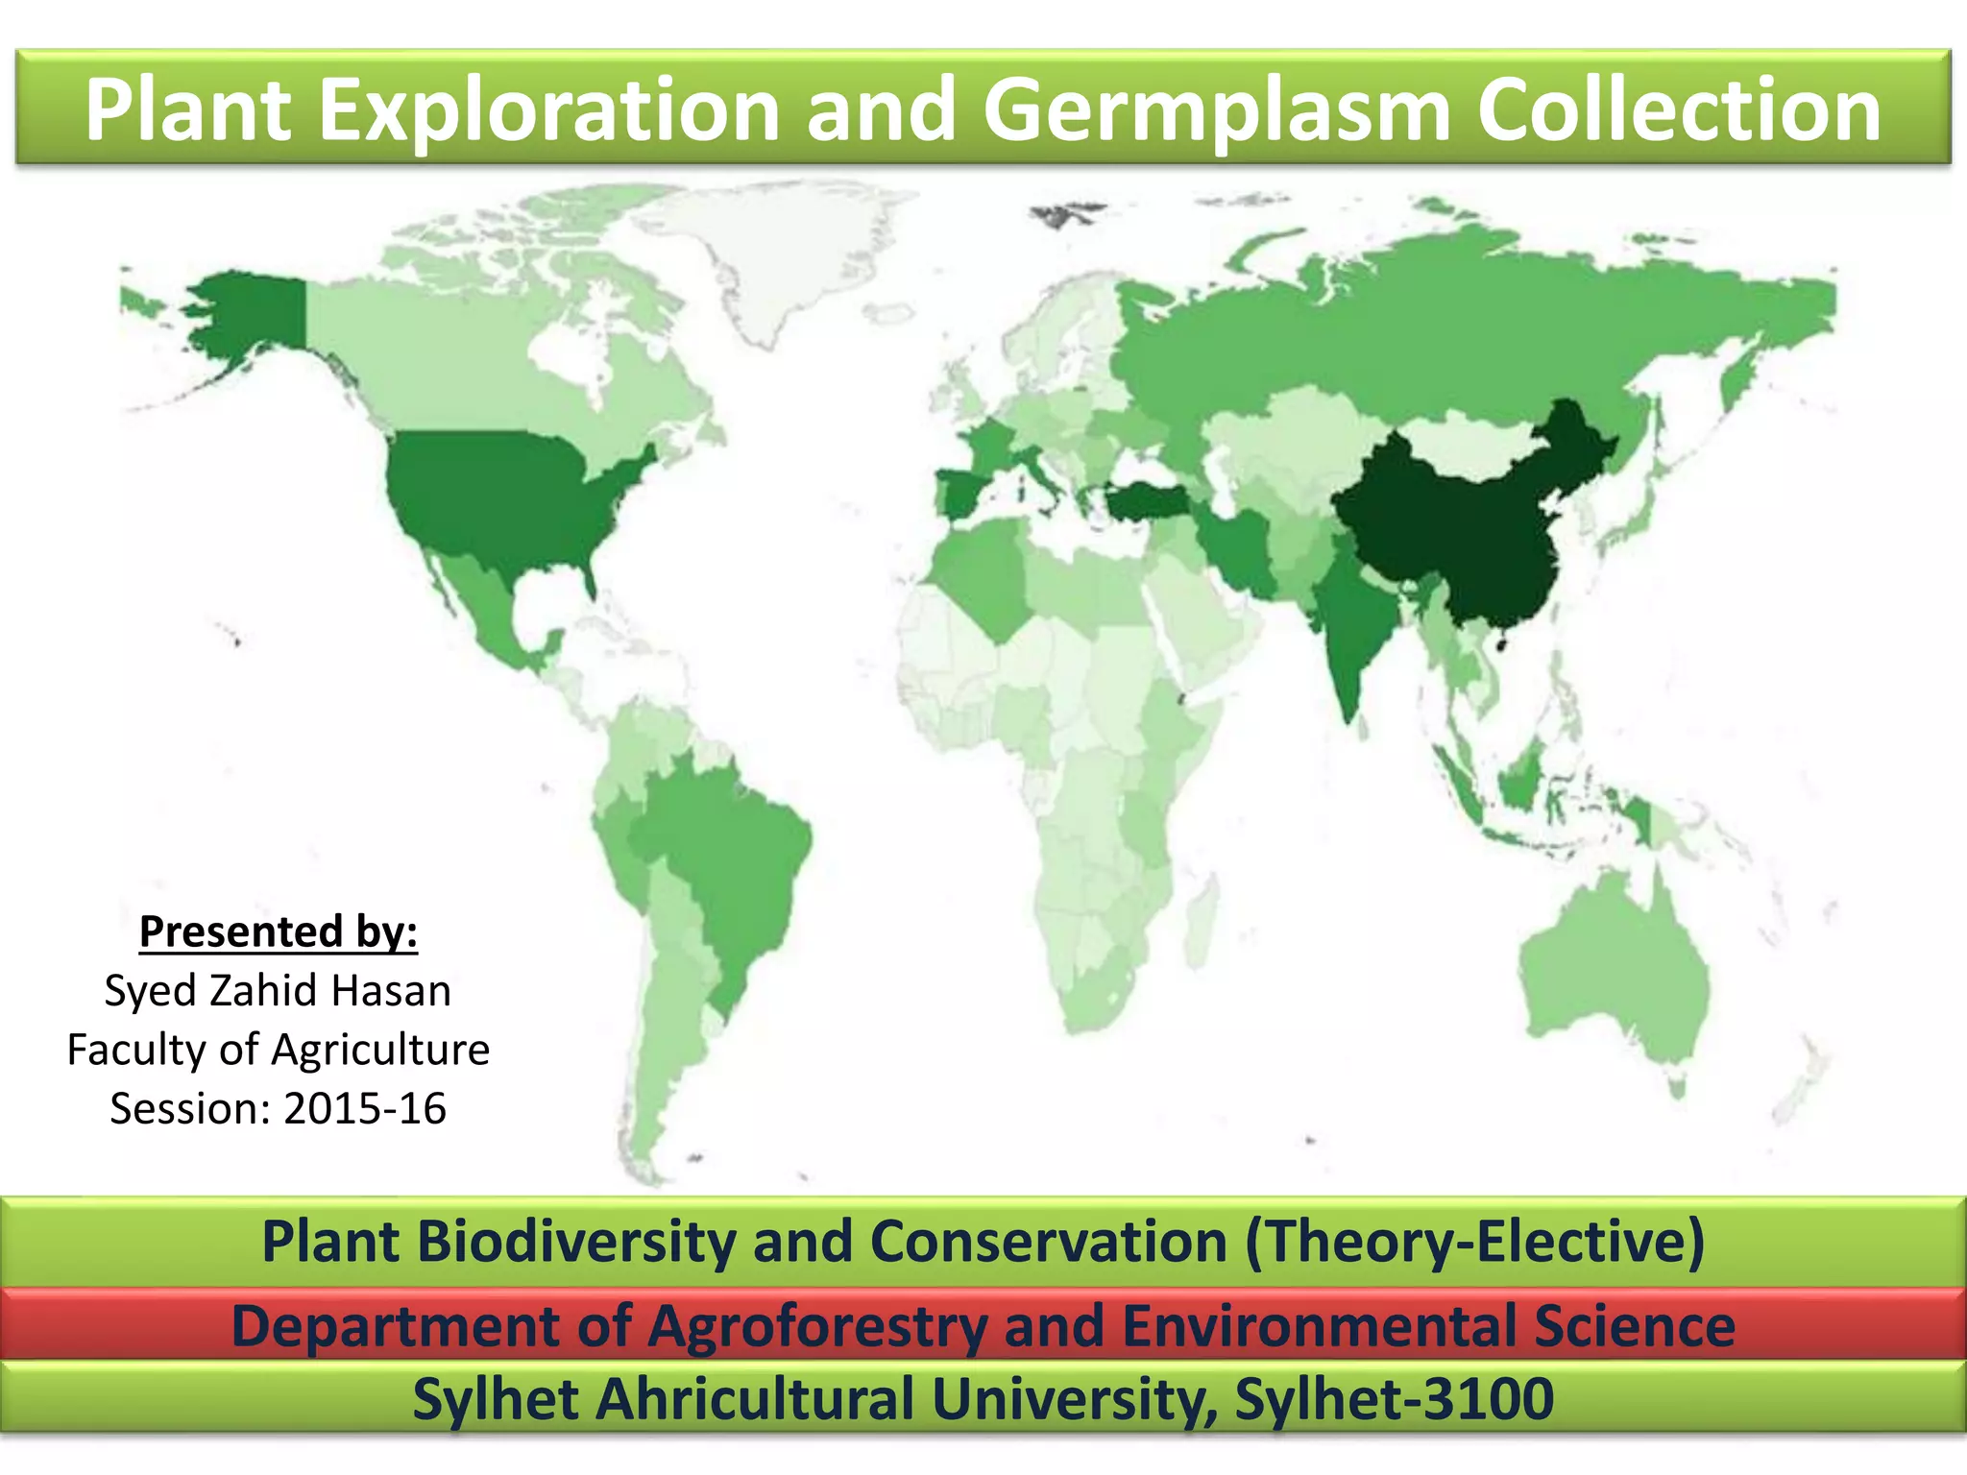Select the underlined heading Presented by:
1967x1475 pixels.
point(279,931)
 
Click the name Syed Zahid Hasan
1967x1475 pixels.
point(278,990)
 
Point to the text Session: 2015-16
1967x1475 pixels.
point(278,1108)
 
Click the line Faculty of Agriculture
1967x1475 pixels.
point(278,1049)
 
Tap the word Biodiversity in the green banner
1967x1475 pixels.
point(576,1241)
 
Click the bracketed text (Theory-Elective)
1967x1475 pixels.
point(1474,1241)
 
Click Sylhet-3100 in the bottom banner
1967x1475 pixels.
point(1395,1398)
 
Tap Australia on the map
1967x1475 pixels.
point(1614,970)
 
